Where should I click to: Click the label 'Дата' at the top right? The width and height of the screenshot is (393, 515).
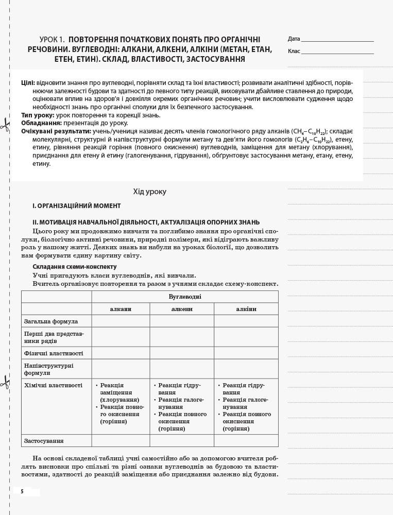coord(294,39)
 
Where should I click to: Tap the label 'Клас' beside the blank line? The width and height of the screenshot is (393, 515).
coord(294,51)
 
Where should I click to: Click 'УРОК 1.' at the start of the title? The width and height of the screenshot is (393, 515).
coord(53,40)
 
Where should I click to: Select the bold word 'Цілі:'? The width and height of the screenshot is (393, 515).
coord(28,83)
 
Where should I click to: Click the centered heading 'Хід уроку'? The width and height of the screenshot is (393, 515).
coord(150,192)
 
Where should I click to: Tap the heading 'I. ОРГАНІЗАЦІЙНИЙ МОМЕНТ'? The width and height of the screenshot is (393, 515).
coord(76,206)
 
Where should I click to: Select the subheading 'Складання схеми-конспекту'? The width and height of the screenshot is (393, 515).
coord(74,267)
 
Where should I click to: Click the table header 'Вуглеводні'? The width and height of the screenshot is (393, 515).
coord(185,297)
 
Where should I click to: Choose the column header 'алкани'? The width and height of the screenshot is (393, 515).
coord(121,309)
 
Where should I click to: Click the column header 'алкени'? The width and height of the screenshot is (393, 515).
coord(182,309)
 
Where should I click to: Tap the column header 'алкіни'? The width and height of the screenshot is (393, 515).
coord(246,309)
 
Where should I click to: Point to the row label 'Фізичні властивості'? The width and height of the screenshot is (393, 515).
coord(54,353)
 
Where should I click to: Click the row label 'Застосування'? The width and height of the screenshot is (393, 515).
coord(44,441)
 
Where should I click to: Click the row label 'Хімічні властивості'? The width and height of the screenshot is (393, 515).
coord(53,385)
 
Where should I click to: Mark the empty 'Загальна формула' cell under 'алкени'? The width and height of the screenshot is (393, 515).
coord(182,321)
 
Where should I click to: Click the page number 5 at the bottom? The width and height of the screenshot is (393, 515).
coord(22,492)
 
